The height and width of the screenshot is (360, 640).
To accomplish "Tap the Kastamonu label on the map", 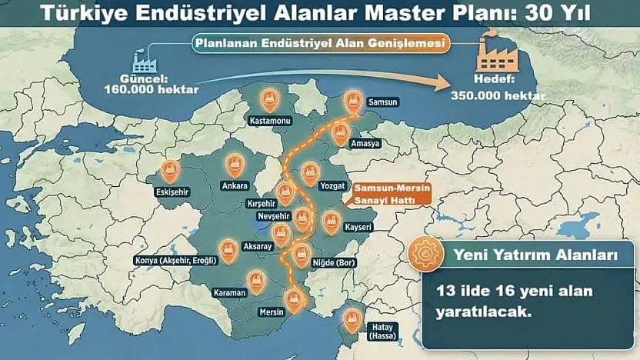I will [x=268, y=121].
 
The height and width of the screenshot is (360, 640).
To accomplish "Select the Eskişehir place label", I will [x=173, y=192].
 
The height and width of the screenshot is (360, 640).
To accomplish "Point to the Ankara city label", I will [x=235, y=185].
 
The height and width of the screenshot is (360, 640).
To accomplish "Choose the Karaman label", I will [x=230, y=293].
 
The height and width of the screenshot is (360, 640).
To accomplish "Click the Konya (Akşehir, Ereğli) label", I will [x=176, y=260].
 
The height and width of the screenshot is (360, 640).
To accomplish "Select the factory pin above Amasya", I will [x=339, y=134].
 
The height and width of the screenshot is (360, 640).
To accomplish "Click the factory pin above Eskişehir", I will [x=170, y=170].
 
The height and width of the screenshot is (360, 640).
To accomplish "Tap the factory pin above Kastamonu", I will [x=269, y=98].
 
